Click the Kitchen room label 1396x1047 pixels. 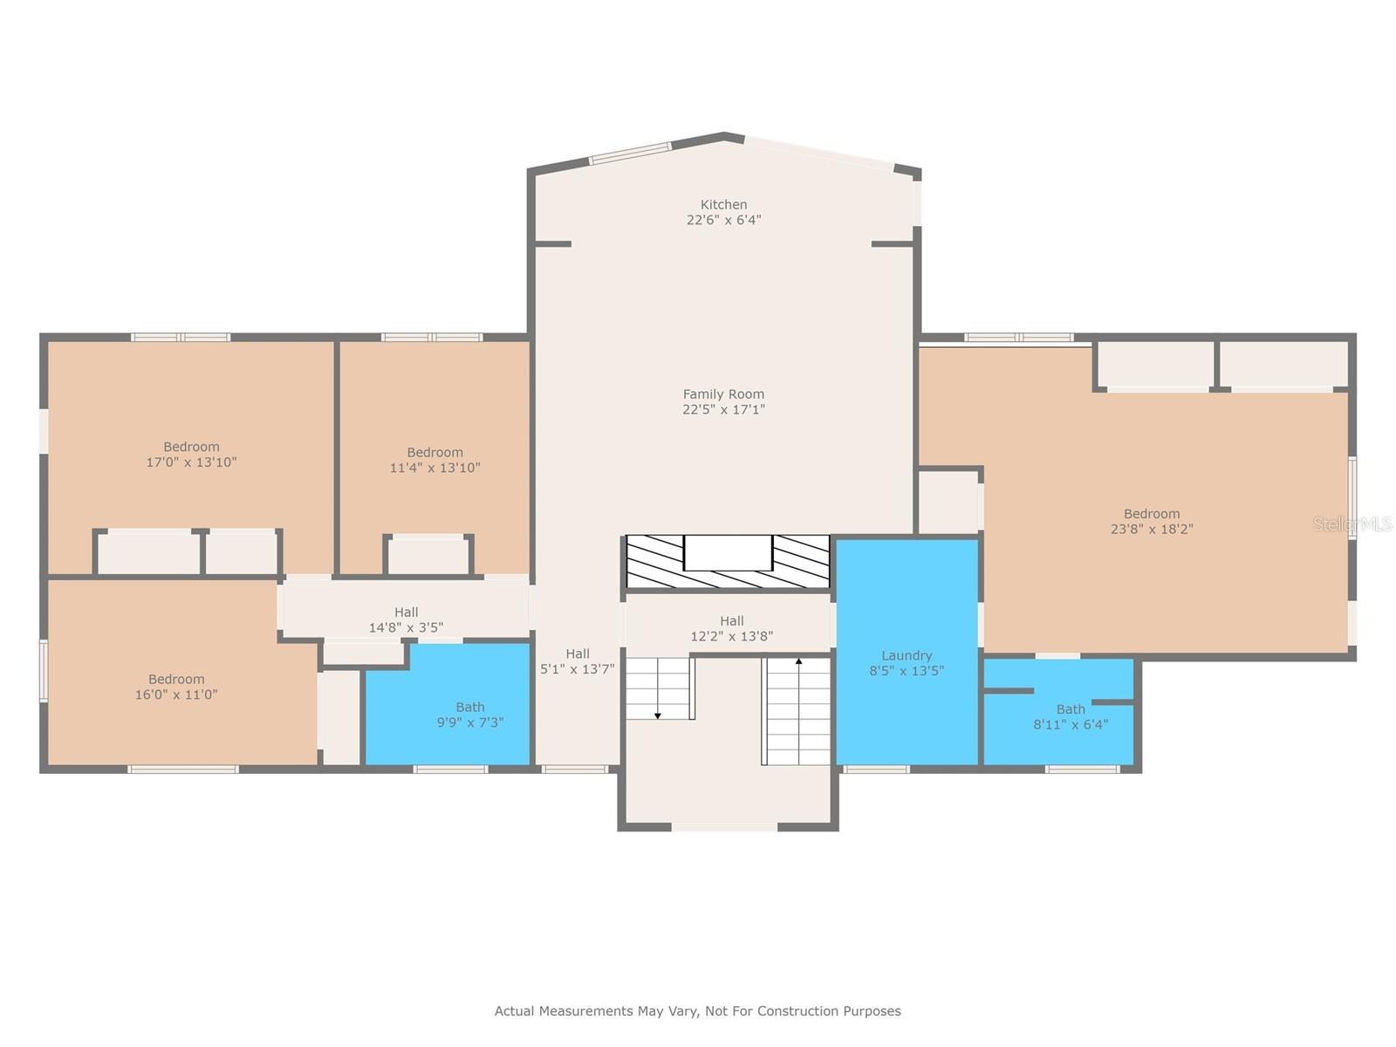click(x=723, y=212)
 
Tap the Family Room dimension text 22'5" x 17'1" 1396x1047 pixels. click(x=723, y=409)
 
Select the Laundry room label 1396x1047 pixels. click(x=907, y=662)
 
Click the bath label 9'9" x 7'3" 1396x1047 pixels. click(x=470, y=715)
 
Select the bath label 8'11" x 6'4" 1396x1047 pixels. click(x=1071, y=716)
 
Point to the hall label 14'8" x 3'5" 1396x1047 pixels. click(x=406, y=619)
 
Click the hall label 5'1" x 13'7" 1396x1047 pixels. click(x=577, y=661)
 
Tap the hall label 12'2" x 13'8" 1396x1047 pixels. click(x=731, y=628)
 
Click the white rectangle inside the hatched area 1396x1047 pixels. click(x=729, y=552)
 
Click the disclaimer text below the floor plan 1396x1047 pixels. click(x=698, y=1010)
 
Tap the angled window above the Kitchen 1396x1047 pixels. click(x=630, y=154)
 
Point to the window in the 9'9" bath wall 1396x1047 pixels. click(x=450, y=770)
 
